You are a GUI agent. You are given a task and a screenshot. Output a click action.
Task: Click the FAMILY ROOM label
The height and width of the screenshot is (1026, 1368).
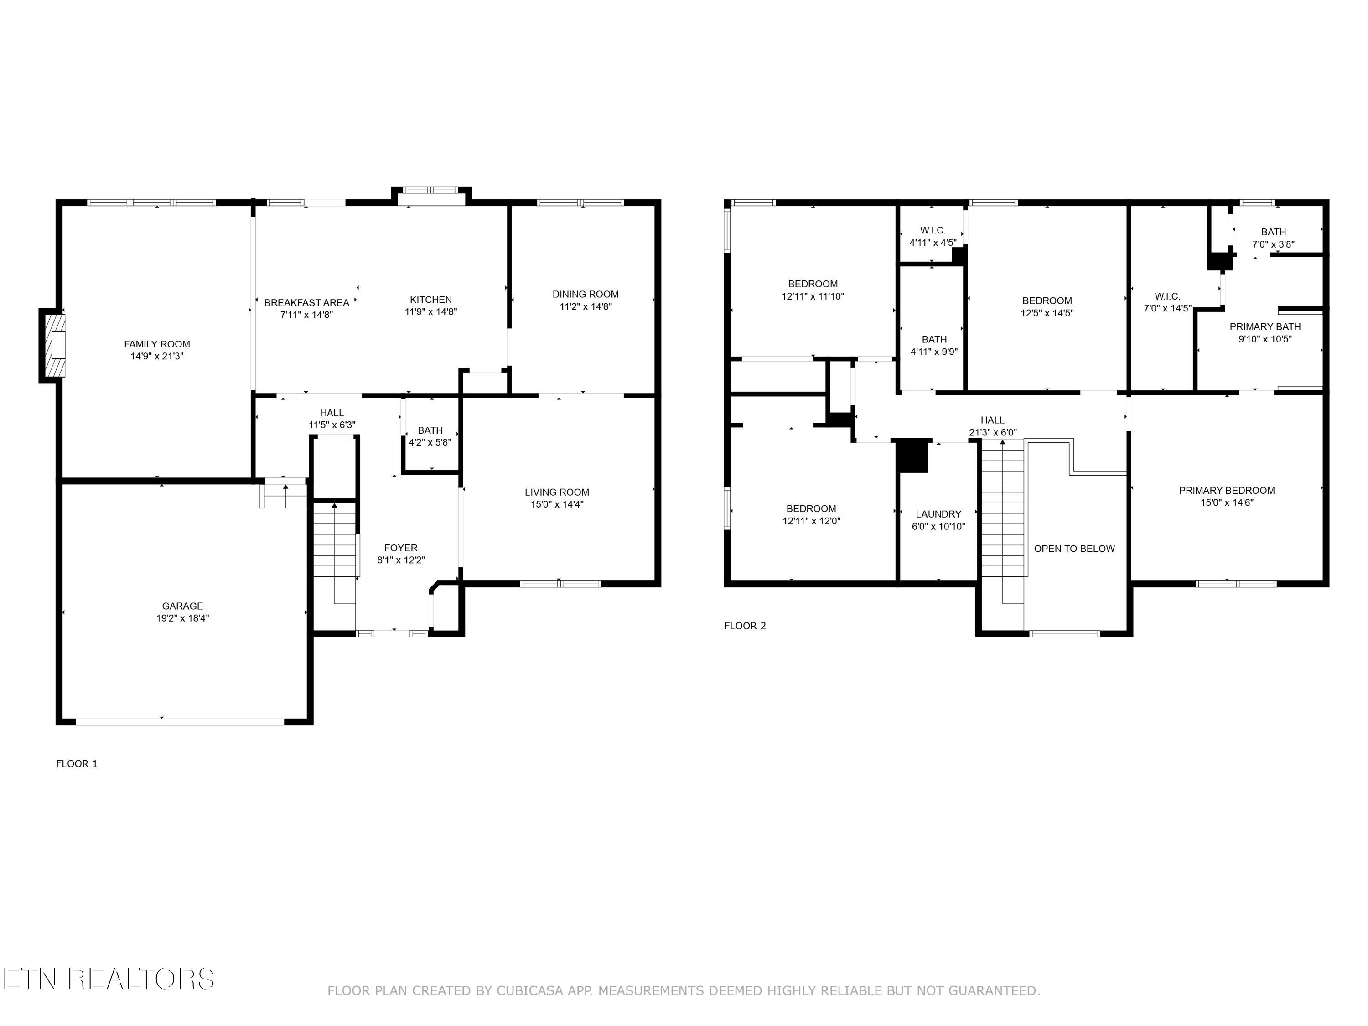[157, 344]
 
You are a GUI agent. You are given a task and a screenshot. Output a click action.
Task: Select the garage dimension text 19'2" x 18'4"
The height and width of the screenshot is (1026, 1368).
[182, 618]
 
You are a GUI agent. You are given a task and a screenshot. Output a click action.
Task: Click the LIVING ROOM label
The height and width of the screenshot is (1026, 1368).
[557, 492]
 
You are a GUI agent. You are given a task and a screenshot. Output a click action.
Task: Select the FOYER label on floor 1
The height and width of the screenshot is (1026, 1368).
[401, 548]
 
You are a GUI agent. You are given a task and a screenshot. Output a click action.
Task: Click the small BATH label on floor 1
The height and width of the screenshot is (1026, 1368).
[430, 430]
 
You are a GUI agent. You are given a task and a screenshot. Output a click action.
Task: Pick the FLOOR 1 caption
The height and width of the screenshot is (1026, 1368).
[77, 764]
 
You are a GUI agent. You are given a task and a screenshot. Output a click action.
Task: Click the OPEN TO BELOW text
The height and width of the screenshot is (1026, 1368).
[1074, 549]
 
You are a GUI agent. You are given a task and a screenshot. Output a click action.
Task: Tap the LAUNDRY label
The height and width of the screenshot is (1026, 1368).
[938, 514]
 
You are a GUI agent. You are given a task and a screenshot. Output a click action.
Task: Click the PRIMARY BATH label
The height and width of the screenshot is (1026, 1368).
[1265, 327]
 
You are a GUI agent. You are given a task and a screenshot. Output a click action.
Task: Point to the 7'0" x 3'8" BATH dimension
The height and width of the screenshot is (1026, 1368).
[1273, 245]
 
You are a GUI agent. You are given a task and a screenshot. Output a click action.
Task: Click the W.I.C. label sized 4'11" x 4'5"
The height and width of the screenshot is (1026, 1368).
[933, 231]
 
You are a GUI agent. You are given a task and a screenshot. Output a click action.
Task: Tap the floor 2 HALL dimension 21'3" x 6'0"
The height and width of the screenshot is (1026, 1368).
[993, 433]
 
